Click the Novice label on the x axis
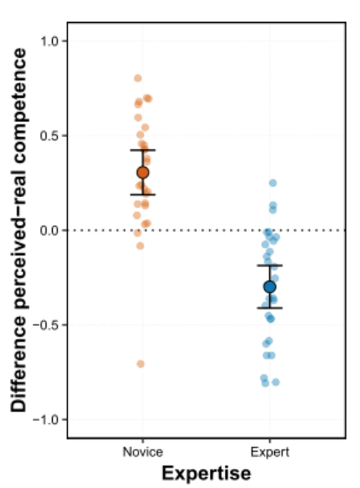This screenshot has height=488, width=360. (142, 452)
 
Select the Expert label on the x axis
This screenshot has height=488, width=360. (270, 452)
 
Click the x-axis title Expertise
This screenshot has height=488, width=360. (207, 473)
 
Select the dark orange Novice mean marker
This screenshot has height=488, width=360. (143, 172)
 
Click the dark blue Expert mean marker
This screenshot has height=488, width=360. (270, 287)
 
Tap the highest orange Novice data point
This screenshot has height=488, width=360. (138, 78)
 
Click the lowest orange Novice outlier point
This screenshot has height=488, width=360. (140, 364)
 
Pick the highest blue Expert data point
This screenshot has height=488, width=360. (273, 183)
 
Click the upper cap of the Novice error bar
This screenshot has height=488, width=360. (143, 150)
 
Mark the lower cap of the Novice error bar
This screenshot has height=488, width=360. (143, 195)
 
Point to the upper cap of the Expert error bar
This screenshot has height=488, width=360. (270, 265)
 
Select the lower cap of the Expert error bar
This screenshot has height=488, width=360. (270, 308)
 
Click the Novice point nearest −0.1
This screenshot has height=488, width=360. (140, 246)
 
